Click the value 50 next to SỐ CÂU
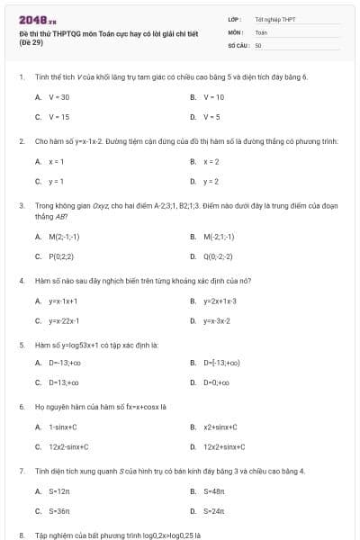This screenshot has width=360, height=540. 258,44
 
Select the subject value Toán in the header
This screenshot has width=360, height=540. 261,31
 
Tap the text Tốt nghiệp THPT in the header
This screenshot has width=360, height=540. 275,19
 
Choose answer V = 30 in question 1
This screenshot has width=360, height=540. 59,96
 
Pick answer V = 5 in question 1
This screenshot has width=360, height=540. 212,116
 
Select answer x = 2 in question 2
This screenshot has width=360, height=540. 211,161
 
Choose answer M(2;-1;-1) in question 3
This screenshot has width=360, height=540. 64,237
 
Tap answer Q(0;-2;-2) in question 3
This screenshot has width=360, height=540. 221,256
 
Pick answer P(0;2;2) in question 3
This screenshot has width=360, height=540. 62,256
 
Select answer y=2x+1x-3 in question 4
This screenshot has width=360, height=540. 220,301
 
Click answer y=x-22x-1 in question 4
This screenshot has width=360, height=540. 64,320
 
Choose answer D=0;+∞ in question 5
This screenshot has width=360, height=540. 217,382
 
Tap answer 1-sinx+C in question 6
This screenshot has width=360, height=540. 63,427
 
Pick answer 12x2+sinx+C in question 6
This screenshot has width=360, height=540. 224,446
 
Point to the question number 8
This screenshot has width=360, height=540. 21,535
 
